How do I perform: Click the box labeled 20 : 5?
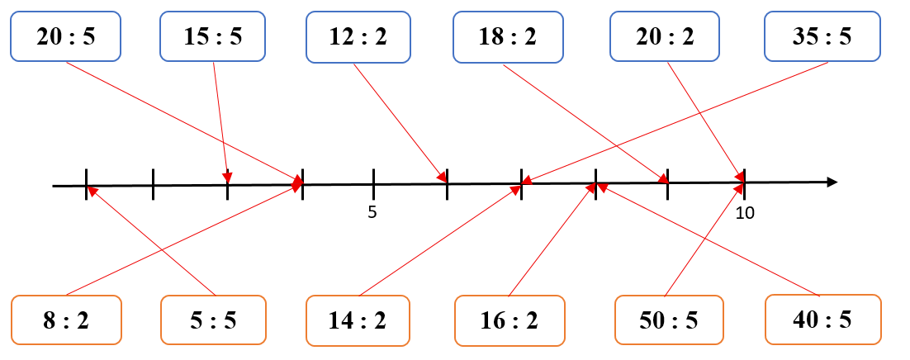65,36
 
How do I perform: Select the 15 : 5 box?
212,36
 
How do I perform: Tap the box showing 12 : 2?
358,36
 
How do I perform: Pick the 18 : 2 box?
508,36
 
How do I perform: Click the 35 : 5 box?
821,36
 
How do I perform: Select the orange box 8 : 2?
65,320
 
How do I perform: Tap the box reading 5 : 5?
213,320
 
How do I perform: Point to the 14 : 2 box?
358,320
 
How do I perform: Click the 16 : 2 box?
510,320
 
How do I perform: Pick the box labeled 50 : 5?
669,320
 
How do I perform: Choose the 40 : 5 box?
823,320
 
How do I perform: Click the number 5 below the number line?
372,212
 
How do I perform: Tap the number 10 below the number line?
745,213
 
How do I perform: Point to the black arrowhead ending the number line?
832,182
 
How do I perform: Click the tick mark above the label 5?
373,184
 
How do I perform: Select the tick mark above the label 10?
744,183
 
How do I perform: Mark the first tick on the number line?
86,185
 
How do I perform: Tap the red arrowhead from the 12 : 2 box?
442,177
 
